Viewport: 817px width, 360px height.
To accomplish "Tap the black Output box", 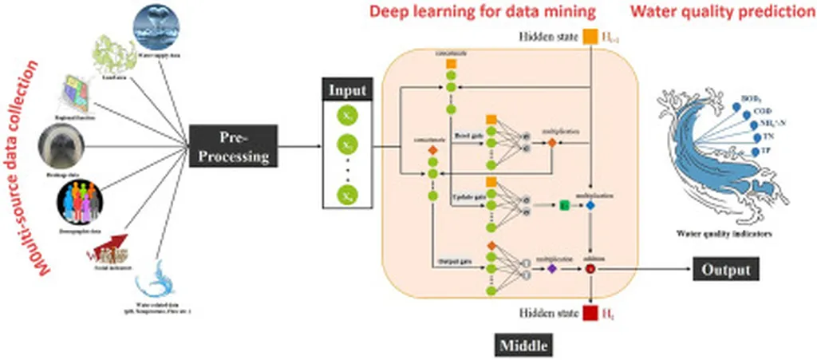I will tap(725, 269).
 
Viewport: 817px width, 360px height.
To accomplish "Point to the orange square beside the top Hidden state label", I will tap(590, 36).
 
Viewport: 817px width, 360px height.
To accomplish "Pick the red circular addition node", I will tap(591, 270).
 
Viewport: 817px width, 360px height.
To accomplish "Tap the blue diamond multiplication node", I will tap(591, 206).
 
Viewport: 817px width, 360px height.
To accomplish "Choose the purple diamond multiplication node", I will tap(551, 270).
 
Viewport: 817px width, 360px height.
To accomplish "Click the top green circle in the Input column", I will tap(347, 116).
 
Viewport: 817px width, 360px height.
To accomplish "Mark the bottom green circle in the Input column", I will tap(347, 194).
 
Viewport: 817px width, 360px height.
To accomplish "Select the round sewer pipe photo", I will tap(61, 148).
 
